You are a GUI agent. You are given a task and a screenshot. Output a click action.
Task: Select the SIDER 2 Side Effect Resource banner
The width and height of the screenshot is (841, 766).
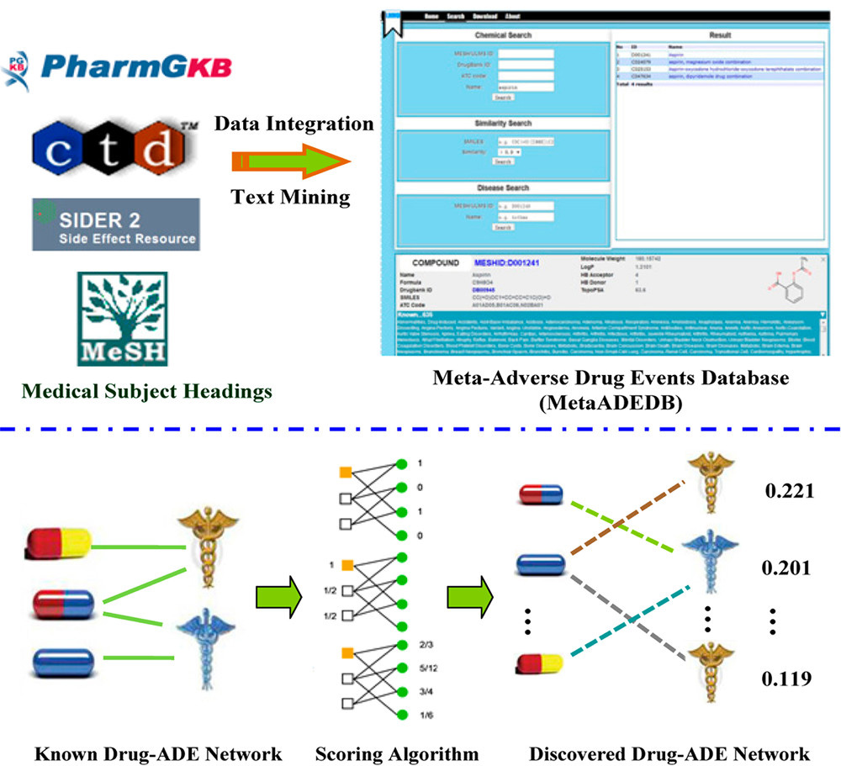pos(116,225)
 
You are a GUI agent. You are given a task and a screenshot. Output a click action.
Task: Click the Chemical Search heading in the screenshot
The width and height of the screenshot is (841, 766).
pos(503,36)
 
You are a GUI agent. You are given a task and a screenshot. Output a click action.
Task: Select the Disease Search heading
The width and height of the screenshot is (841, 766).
pos(503,188)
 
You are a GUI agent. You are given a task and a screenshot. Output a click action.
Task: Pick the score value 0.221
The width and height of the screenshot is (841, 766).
pos(787,489)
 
